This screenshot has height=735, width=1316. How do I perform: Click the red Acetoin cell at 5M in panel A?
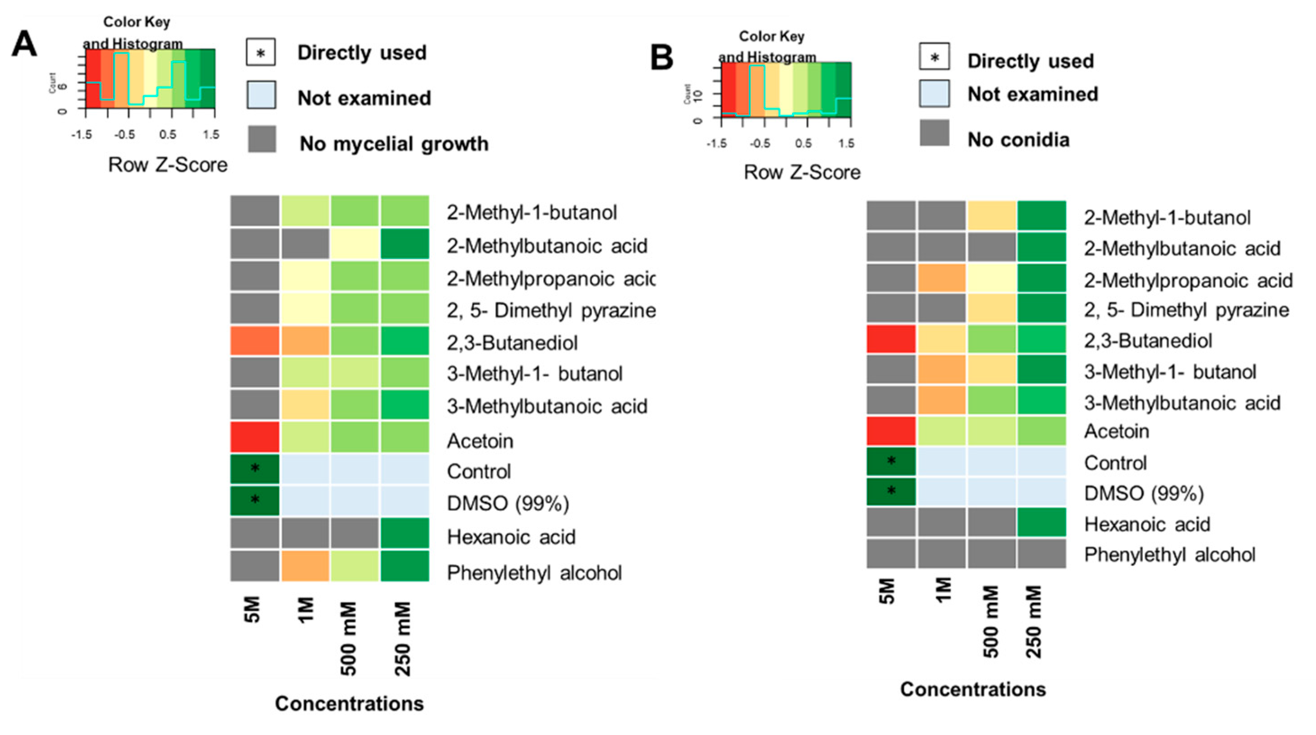pyautogui.click(x=254, y=437)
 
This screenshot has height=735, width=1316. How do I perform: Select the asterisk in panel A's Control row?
pyautogui.click(x=255, y=468)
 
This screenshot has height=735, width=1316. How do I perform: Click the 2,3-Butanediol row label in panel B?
pyautogui.click(x=1148, y=341)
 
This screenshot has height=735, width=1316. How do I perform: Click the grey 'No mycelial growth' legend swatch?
pyautogui.click(x=262, y=139)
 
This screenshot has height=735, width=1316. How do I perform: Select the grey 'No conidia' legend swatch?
pyautogui.click(x=935, y=133)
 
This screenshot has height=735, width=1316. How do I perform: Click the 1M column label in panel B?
pyautogui.click(x=944, y=591)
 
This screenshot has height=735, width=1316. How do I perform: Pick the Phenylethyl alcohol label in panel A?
pyautogui.click(x=534, y=573)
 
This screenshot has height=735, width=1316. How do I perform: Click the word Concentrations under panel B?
pyautogui.click(x=973, y=689)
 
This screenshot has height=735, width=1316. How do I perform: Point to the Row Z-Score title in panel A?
pyautogui.click(x=168, y=165)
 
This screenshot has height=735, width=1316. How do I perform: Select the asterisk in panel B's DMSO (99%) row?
pyautogui.click(x=891, y=491)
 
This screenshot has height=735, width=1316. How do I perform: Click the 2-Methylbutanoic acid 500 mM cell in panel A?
pyautogui.click(x=354, y=244)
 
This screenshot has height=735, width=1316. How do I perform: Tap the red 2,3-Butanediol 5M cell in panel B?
pyautogui.click(x=891, y=340)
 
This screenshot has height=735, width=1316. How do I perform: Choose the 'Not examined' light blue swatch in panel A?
pyautogui.click(x=261, y=95)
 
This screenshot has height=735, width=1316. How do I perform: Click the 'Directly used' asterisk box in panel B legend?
pyautogui.click(x=935, y=57)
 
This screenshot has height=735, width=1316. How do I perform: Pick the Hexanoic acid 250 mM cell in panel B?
pyautogui.click(x=1041, y=522)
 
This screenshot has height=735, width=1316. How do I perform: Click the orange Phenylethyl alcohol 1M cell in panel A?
pyautogui.click(x=305, y=566)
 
